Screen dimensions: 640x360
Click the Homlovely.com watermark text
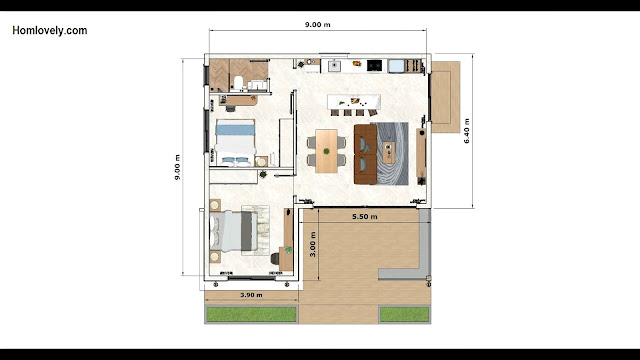[50, 31]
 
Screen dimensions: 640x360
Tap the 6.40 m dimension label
[467, 131]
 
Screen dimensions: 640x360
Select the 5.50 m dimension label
[364, 217]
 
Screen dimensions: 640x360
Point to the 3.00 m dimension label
[313, 244]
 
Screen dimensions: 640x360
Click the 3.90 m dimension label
[251, 295]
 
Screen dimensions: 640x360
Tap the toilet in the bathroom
[238, 82]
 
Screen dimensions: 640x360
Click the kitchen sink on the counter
[334, 66]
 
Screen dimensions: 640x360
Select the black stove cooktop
[374, 65]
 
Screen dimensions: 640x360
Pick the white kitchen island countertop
[354, 102]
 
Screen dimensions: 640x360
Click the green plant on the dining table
[327, 151]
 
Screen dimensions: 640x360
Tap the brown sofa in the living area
[365, 154]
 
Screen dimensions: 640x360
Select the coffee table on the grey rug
[389, 153]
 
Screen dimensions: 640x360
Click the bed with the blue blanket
[235, 142]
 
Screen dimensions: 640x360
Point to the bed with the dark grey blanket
[234, 231]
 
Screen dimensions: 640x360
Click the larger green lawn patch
[251, 315]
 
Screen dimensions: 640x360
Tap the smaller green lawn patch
[404, 315]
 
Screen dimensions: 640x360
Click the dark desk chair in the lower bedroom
[275, 259]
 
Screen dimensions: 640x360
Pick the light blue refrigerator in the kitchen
[396, 66]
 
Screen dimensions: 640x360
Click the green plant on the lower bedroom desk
[289, 249]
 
